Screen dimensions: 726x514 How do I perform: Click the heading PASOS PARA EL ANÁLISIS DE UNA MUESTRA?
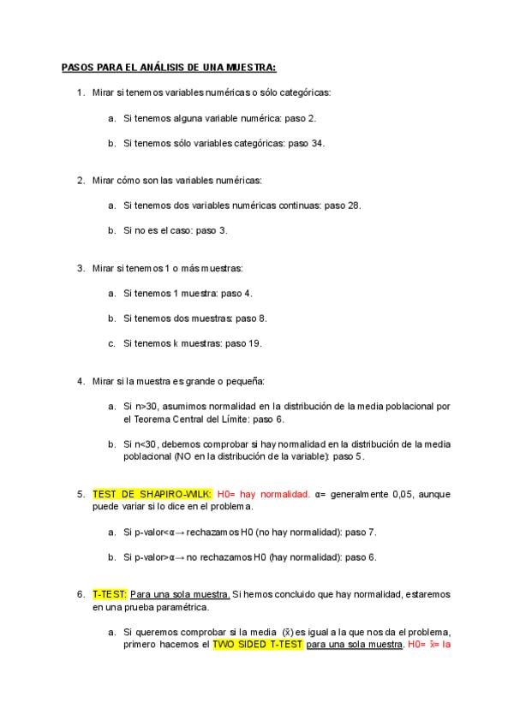click(x=168, y=67)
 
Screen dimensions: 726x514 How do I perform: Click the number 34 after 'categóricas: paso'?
click(x=318, y=143)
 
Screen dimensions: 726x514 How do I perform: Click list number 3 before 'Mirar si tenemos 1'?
click(x=81, y=268)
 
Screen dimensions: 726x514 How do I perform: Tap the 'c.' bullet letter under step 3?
click(x=112, y=343)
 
